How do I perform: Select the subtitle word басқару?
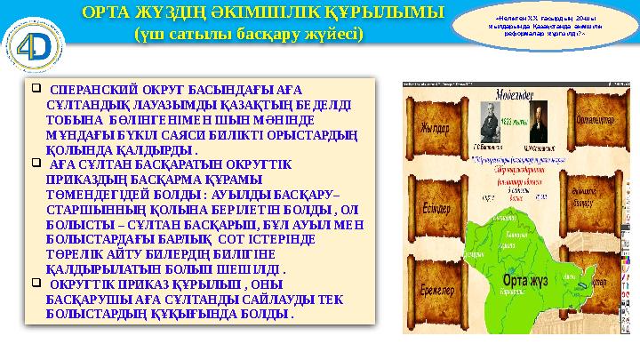click(x=276, y=35)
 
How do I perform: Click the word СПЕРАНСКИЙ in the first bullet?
click(x=91, y=90)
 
